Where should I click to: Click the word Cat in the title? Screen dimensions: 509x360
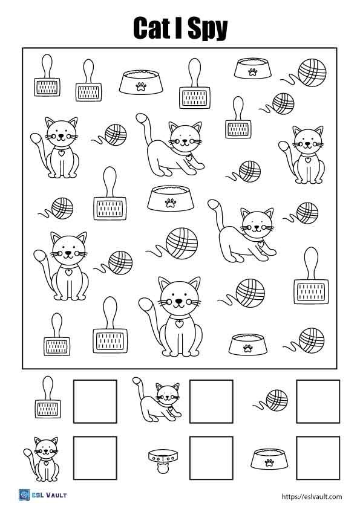[155, 28]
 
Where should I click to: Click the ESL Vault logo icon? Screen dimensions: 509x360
[25, 495]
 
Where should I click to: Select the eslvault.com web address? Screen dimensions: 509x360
[312, 496]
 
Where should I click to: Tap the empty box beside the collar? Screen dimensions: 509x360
[211, 458]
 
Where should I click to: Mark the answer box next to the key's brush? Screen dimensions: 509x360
[95, 401]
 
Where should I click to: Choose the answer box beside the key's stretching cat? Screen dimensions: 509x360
[211, 401]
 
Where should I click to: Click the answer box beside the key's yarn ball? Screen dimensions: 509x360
[317, 401]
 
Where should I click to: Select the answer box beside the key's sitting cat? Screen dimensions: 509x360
[95, 458]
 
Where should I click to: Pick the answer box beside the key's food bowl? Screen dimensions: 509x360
[317, 458]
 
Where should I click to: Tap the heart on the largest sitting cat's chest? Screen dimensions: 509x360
[179, 324]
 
